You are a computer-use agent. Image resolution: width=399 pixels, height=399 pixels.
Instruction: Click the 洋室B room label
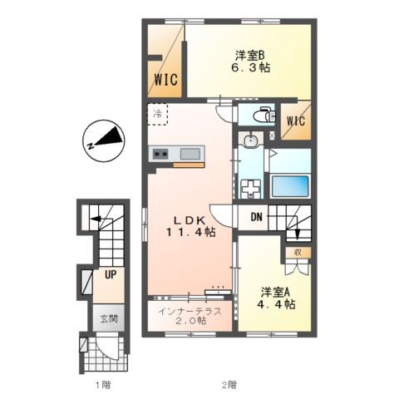(249, 56)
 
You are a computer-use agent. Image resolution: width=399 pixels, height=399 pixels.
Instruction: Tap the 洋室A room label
(275, 292)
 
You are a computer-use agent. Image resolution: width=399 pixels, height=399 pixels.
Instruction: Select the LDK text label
(190, 220)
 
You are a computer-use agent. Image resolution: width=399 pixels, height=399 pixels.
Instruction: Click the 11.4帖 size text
(191, 233)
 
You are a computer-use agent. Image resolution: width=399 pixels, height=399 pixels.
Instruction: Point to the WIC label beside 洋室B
(166, 80)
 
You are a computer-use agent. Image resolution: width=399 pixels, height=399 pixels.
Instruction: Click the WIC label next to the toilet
(296, 121)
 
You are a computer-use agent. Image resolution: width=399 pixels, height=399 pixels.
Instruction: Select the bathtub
(290, 185)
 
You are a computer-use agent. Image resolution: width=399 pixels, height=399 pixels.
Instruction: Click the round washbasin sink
(250, 140)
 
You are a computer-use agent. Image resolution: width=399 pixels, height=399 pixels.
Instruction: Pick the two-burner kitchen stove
(160, 154)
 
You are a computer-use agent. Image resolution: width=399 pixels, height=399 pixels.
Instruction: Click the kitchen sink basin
(190, 154)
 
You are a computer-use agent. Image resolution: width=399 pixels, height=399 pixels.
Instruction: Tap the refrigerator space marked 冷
(157, 114)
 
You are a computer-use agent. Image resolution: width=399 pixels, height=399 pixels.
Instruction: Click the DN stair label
(256, 218)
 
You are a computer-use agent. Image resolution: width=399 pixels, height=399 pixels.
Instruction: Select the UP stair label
(111, 274)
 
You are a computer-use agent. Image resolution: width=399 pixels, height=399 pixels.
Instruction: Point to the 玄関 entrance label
(109, 319)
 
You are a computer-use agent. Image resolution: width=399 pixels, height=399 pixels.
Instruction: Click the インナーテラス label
(190, 312)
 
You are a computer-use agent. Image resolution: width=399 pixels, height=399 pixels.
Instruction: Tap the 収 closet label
(298, 252)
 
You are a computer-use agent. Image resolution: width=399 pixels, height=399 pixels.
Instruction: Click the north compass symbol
(104, 140)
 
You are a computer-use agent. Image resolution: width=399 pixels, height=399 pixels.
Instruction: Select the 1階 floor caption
(103, 385)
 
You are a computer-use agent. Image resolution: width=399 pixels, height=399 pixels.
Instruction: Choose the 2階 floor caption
(229, 385)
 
